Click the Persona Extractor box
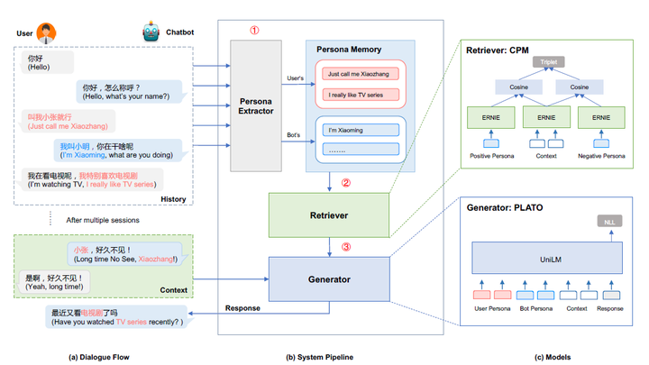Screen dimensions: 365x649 click(256, 105)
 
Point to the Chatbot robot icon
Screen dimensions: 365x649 click(151, 32)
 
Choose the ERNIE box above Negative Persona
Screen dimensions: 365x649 click(600, 116)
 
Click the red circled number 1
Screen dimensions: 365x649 click(254, 30)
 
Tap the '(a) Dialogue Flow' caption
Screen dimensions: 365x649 click(99, 357)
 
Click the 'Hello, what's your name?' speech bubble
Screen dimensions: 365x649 click(132, 91)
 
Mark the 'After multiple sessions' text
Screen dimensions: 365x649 click(104, 220)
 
